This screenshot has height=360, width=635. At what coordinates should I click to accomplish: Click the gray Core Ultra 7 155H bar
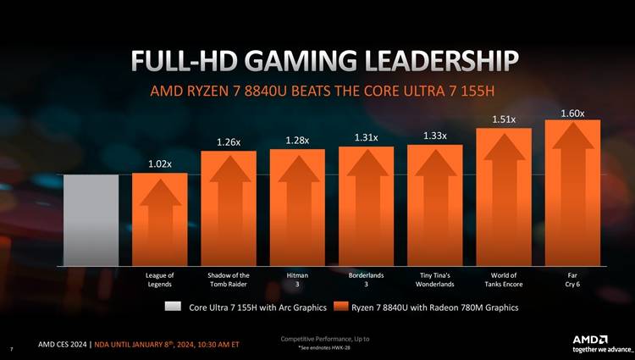[91, 219]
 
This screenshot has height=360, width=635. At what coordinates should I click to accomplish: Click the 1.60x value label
[572, 113]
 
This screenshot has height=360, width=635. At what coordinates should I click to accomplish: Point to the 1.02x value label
[159, 163]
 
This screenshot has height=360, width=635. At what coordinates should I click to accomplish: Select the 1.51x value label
[504, 119]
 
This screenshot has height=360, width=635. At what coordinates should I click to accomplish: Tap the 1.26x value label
[229, 141]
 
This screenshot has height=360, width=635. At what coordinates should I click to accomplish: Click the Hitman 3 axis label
[297, 280]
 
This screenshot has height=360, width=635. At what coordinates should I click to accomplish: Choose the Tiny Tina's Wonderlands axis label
[434, 280]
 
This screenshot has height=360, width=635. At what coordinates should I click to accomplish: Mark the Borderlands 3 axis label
[366, 280]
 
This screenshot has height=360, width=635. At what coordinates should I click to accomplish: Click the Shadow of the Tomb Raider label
[229, 280]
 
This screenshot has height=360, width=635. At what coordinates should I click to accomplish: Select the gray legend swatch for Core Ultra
[174, 307]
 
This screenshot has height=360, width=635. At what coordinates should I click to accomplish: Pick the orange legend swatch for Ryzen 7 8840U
[342, 307]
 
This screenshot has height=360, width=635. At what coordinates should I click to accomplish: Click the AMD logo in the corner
[596, 339]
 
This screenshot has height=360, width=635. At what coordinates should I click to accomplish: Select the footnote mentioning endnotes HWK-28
[324, 348]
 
